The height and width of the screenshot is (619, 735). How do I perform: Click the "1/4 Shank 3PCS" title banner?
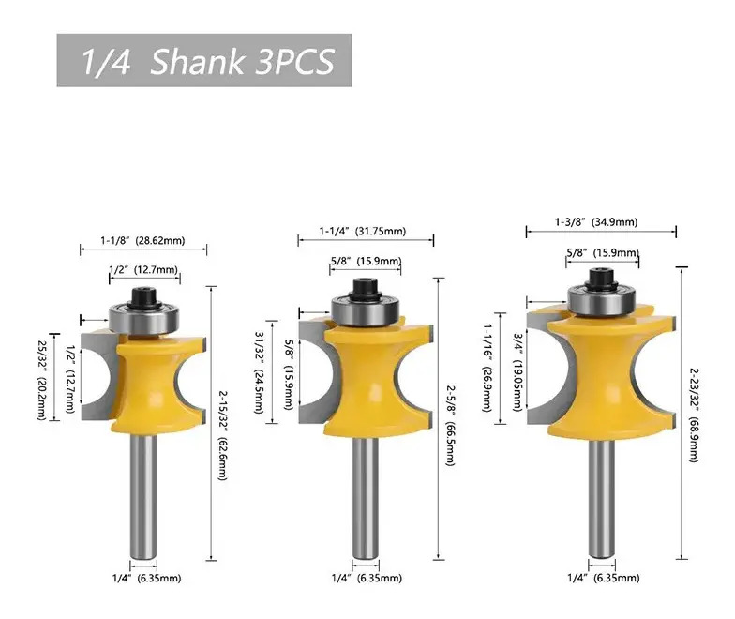204,60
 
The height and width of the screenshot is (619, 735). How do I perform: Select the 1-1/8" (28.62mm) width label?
142,240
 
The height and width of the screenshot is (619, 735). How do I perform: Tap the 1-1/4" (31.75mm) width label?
363,231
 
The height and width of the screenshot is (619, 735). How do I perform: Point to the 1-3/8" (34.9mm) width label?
596,221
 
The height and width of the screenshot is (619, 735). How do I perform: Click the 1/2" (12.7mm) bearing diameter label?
143,270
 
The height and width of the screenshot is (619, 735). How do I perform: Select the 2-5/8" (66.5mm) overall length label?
450,426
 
